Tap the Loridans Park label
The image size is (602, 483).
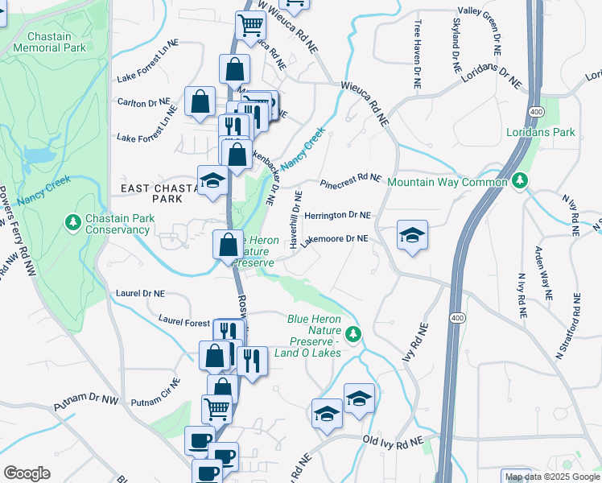pos(541,132)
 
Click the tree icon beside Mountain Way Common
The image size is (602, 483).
pos(522,182)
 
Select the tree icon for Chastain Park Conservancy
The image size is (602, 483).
pos(73,221)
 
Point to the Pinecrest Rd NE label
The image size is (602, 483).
pos(350,180)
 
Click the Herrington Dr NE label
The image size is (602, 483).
pos(337,216)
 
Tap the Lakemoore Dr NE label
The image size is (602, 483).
pos(334,239)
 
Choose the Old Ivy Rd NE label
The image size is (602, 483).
pos(393,442)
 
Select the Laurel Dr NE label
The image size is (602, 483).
pos(140,293)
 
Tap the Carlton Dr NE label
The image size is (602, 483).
pos(144,103)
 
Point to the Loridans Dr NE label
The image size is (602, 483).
pos(492,76)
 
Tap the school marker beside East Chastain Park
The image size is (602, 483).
pos(212,181)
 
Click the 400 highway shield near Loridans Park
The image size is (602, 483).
pos(535,110)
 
